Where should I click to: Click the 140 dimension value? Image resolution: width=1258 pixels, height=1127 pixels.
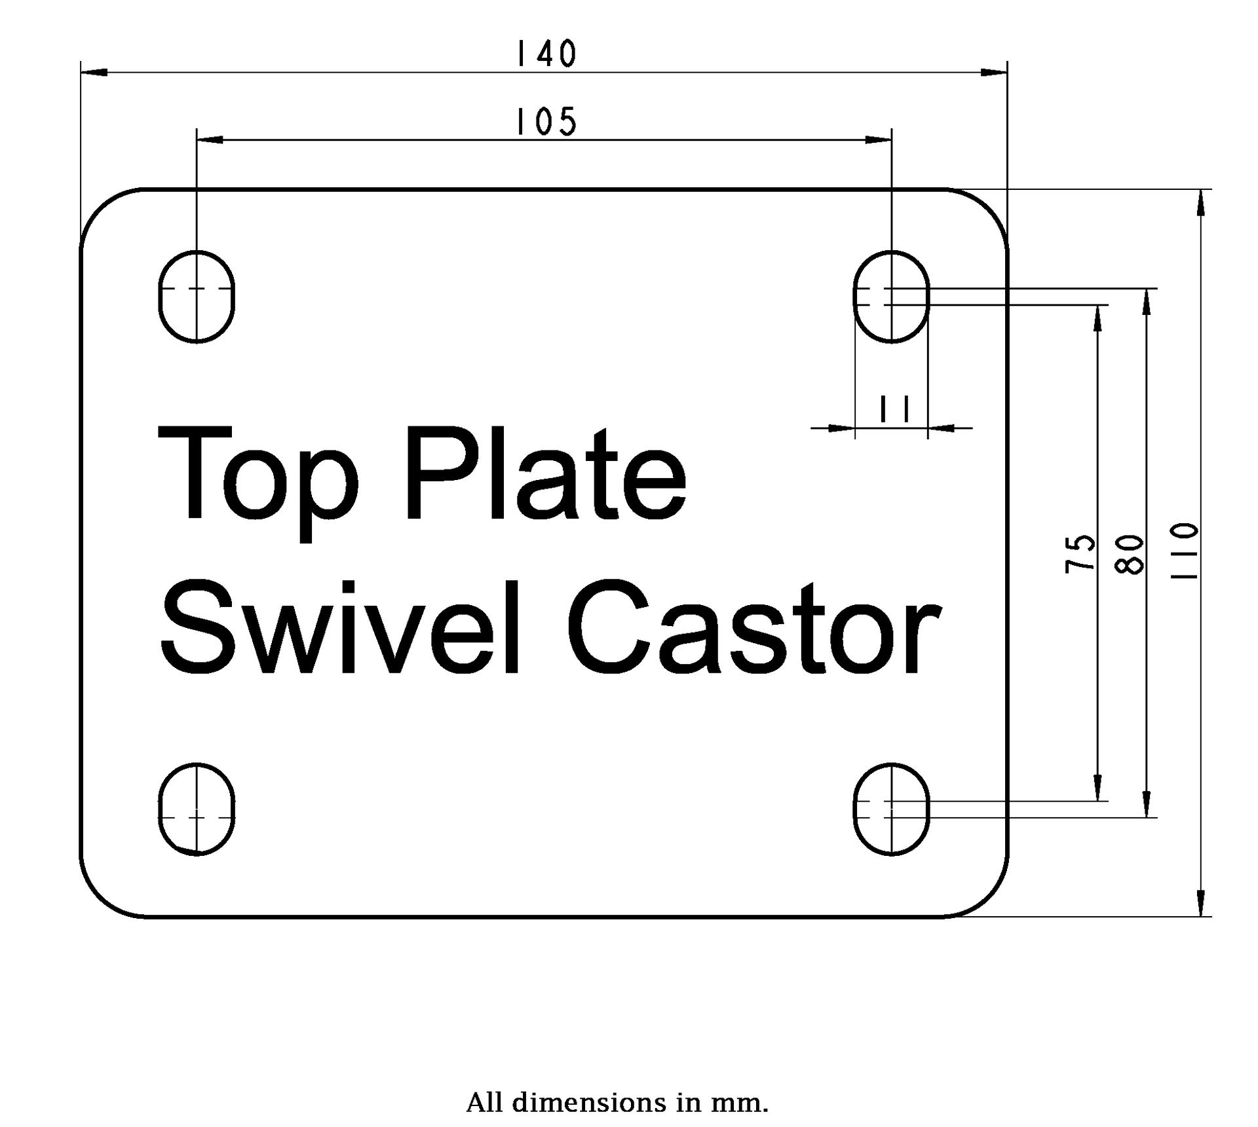(x=546, y=54)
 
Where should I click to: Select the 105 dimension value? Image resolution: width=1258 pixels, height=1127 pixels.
(x=546, y=122)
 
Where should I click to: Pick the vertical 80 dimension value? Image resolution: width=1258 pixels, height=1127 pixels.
(x=1130, y=554)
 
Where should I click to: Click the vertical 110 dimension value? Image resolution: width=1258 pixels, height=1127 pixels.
(x=1184, y=550)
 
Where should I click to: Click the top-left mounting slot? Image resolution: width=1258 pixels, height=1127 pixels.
(x=197, y=296)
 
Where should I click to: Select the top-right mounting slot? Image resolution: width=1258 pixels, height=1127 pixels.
(x=891, y=296)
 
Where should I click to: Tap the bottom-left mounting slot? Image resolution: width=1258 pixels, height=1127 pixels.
(x=197, y=809)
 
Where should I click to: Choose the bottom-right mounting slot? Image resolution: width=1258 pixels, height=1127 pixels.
(x=891, y=809)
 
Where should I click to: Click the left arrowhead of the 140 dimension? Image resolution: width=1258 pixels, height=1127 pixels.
(x=94, y=71)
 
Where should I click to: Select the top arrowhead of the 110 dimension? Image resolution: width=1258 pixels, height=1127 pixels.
(x=1200, y=202)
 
